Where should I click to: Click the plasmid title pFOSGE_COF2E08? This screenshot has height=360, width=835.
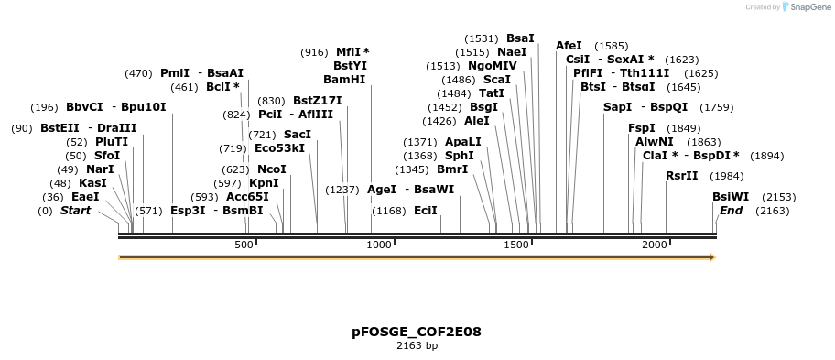pos(417,332)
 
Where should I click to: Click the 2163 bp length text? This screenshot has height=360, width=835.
pos(417,346)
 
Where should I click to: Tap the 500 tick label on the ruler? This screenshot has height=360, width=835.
pos(244,245)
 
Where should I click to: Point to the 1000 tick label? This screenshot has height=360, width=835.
pos(379,245)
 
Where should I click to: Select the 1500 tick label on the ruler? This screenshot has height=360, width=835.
pos(516,245)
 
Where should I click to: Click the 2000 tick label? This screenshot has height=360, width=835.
pos(654,245)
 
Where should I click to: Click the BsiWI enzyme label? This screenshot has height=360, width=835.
pos(731,196)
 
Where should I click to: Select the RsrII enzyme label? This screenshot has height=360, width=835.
pos(681,176)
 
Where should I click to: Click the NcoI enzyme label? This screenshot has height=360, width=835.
pos(271,169)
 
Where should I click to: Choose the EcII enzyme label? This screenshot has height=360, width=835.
pos(426,211)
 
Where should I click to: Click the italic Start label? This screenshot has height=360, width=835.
pos(76,211)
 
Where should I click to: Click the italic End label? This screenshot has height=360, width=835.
pos(731,211)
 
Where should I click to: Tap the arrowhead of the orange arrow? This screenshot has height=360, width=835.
pos(710,257)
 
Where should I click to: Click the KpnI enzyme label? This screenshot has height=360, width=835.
pos(264,183)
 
